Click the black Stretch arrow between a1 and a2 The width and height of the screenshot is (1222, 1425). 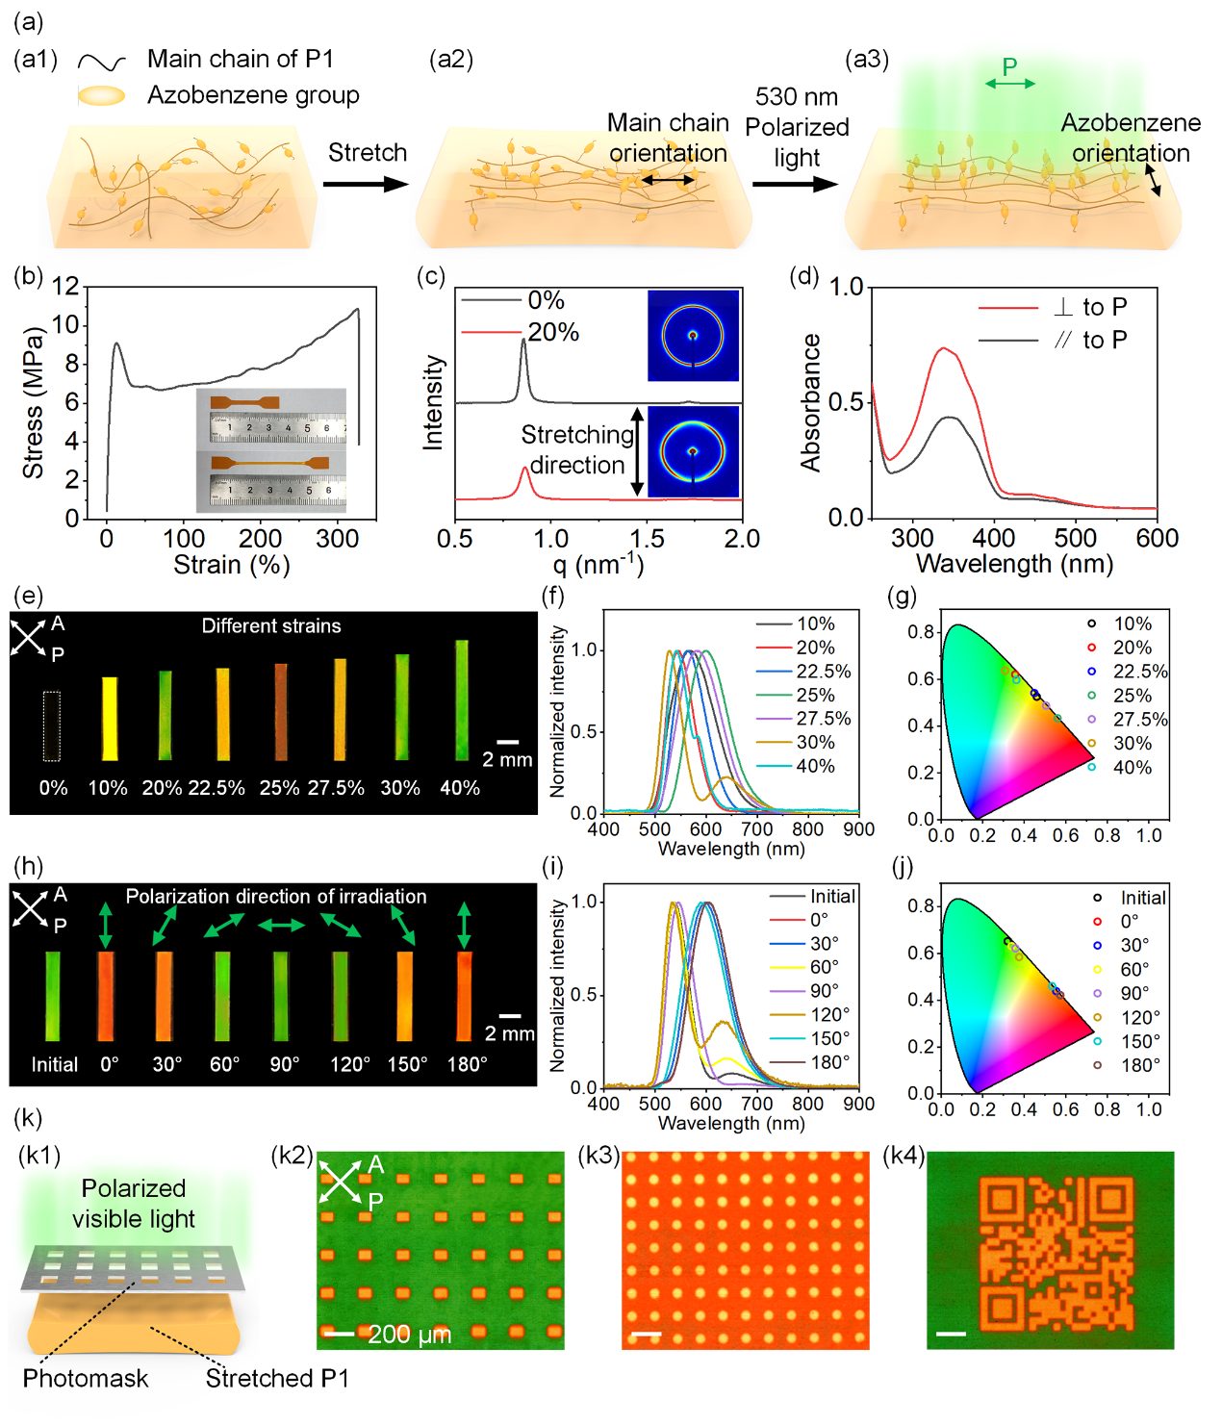(x=366, y=184)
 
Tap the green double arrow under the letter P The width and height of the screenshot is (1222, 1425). (x=1009, y=84)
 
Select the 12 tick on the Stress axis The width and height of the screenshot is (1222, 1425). (x=65, y=286)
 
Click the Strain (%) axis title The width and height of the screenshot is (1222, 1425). (x=231, y=565)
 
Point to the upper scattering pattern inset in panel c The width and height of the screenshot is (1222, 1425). (x=693, y=336)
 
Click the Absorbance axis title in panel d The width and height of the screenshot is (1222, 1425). (x=811, y=402)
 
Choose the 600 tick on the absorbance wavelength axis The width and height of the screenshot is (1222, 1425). (x=1157, y=538)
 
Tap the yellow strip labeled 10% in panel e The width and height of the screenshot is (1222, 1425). (x=110, y=718)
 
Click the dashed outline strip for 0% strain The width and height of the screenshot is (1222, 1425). (x=52, y=725)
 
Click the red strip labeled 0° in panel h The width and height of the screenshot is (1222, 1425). (x=106, y=996)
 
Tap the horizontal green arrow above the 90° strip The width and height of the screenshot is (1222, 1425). (x=281, y=926)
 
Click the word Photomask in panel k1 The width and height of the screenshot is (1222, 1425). (x=86, y=1379)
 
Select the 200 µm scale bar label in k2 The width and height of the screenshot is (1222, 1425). (x=409, y=1335)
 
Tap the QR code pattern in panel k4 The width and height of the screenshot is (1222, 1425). (x=1051, y=1252)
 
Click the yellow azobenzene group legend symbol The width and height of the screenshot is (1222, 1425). (x=101, y=95)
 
